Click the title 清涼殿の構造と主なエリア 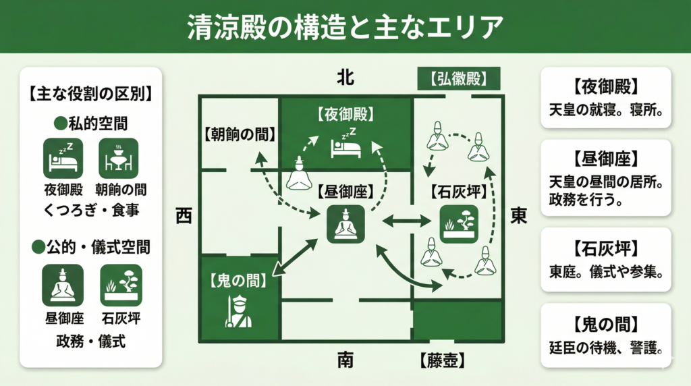345,27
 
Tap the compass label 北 345,78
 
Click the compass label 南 345,360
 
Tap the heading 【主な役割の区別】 90,93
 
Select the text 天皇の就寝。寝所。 606,109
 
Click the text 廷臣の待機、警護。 606,349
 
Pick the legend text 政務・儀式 90,341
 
